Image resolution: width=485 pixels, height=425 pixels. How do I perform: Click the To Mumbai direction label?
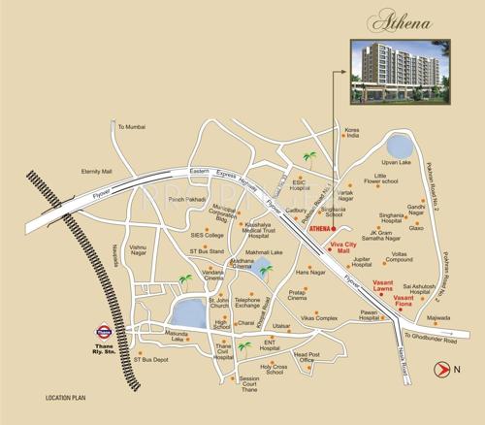click(x=130, y=127)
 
